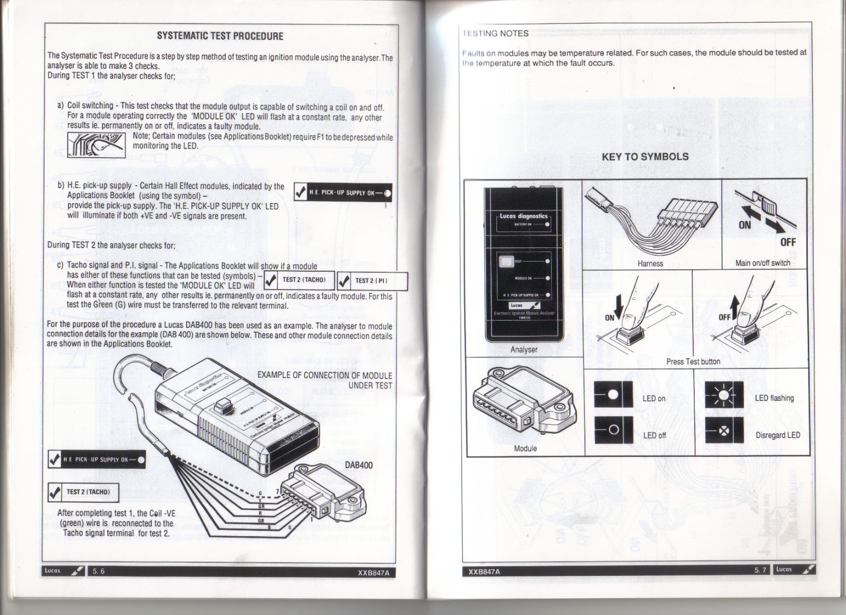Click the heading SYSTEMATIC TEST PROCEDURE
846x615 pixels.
tap(220, 36)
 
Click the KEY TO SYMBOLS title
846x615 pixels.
tap(645, 157)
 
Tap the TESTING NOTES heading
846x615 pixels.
tap(495, 33)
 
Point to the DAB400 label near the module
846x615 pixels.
tap(358, 465)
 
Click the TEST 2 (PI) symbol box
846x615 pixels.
tap(372, 281)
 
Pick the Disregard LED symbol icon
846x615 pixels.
tap(724, 430)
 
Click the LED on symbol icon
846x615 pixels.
tap(613, 394)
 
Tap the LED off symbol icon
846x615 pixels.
tap(613, 429)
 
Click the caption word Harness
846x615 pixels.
tap(650, 263)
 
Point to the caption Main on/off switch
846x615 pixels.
tap(762, 263)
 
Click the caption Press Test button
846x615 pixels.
tap(693, 362)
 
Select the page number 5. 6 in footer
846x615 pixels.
tap(98, 571)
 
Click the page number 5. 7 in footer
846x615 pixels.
tap(760, 570)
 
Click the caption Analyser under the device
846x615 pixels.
tap(523, 350)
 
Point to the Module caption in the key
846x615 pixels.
tap(525, 448)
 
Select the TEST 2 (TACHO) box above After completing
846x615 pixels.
tap(84, 492)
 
